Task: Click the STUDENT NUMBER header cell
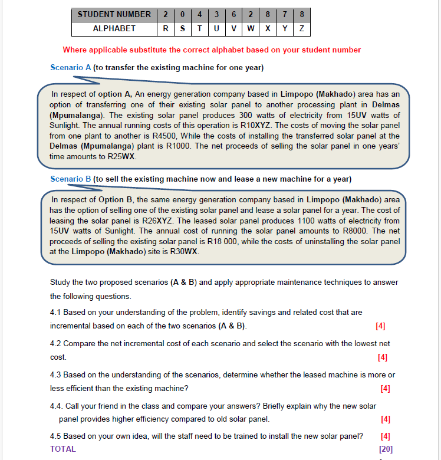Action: point(114,15)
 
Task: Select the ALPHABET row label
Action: point(114,28)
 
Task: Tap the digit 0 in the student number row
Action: point(182,15)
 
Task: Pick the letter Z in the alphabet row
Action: point(302,28)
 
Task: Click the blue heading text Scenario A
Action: point(71,67)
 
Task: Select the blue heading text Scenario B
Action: point(71,179)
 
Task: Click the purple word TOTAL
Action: point(63,449)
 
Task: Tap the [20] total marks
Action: point(386,449)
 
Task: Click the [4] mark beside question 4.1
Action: point(380,326)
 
